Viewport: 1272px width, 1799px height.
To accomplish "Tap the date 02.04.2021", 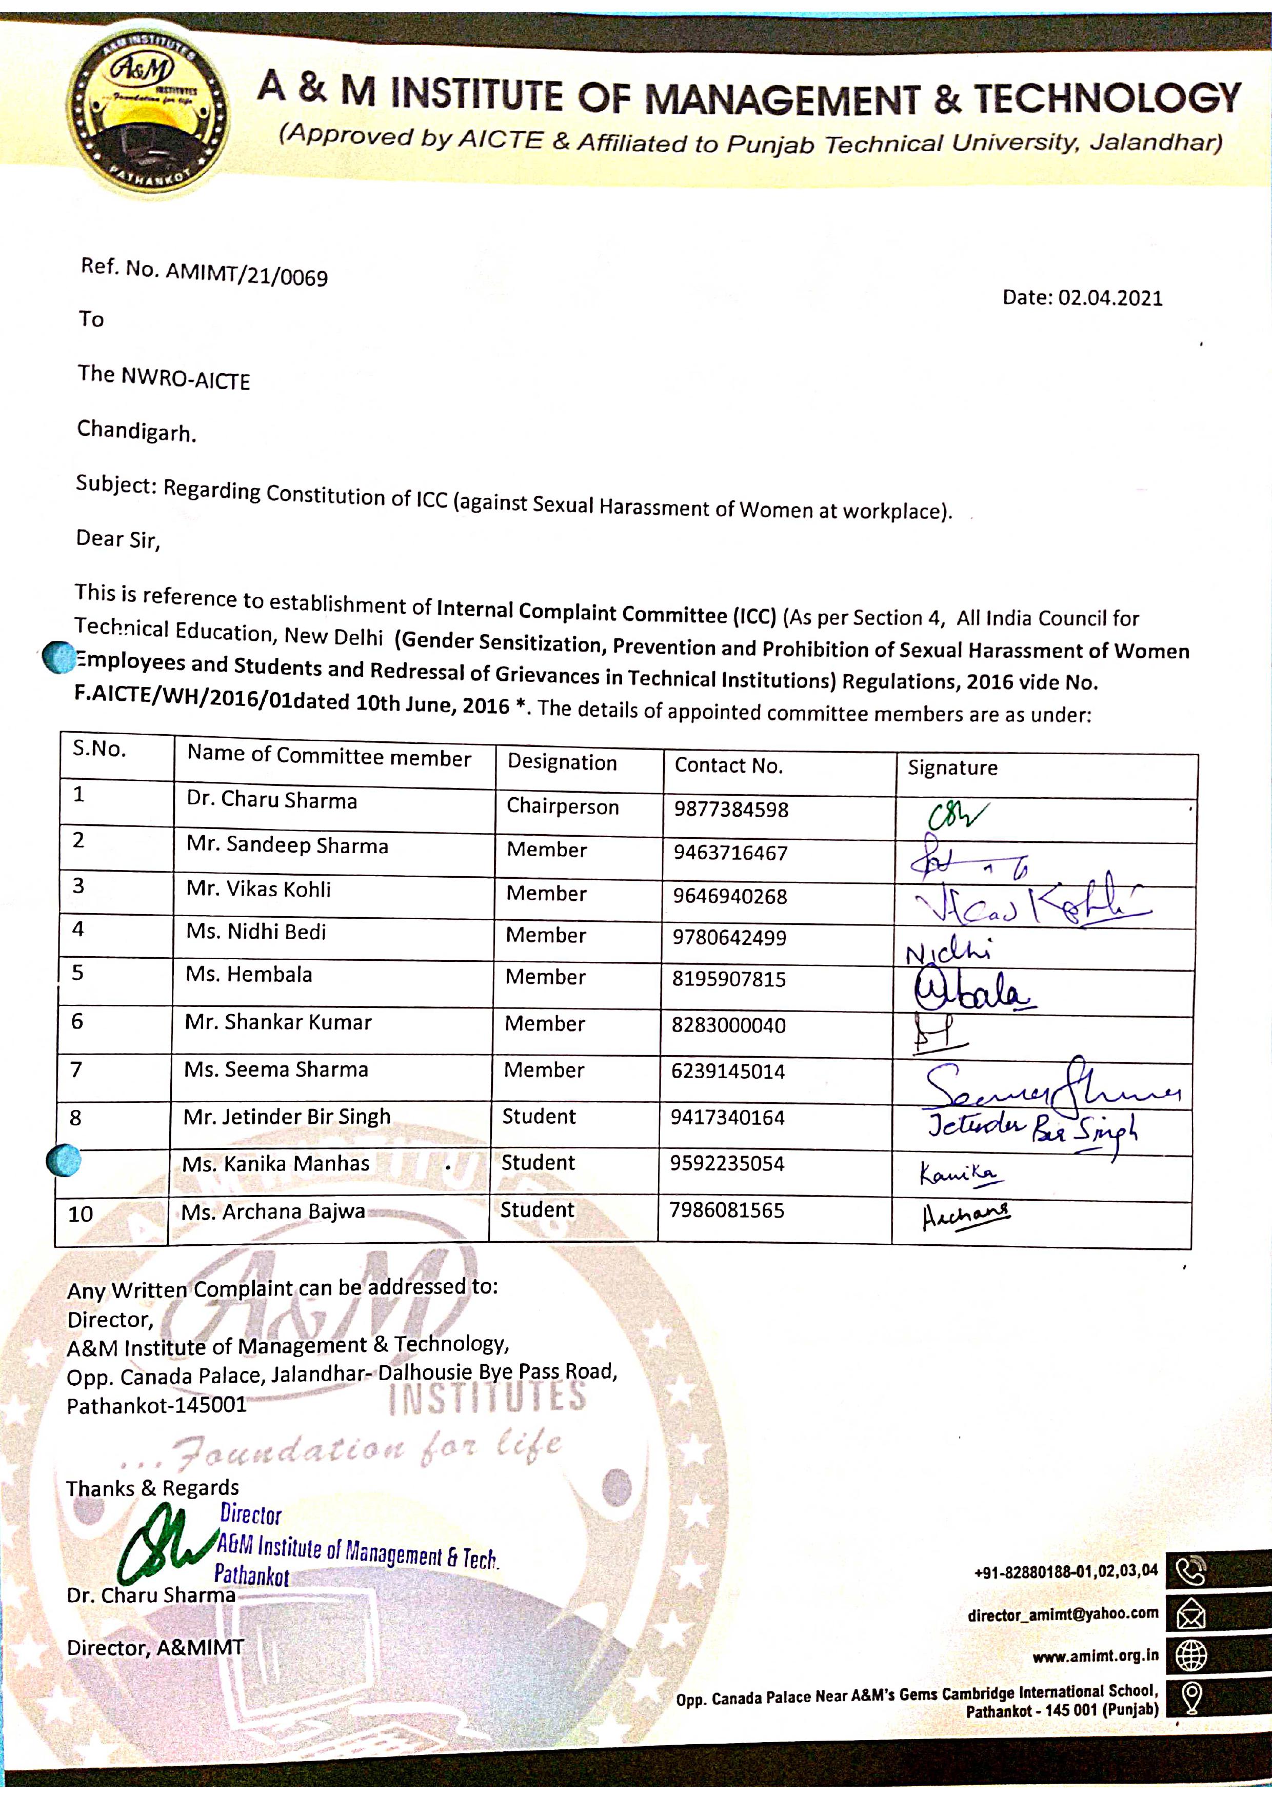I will (1110, 298).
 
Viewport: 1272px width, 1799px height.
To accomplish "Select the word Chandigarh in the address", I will (135, 431).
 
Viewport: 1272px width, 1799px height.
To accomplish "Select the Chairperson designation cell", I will (562, 806).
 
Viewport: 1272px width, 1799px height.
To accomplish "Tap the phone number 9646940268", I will (730, 896).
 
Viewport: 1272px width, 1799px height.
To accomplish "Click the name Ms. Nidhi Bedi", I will (255, 932).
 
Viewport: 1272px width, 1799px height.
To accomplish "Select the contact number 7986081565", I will (726, 1210).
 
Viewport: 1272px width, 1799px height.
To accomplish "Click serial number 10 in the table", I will (81, 1215).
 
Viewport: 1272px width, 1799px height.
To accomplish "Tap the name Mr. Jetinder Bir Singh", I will (287, 1117).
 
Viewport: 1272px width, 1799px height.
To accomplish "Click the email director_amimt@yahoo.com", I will (1062, 1614).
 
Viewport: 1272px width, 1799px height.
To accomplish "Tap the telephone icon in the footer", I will (1190, 1571).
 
